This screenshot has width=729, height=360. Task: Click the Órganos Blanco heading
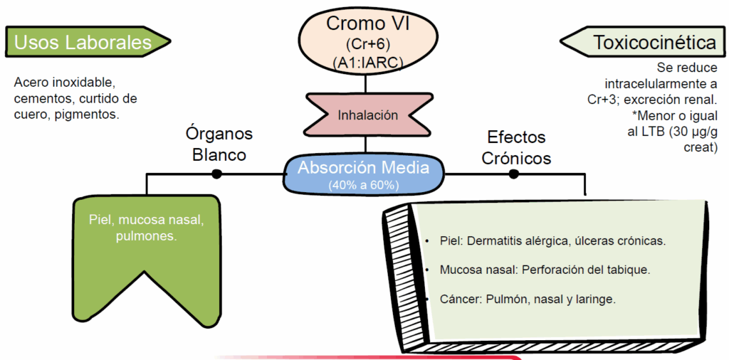pos(219,144)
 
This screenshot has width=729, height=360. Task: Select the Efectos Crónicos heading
pos(516,147)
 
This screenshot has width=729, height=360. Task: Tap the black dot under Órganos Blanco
pos(216,174)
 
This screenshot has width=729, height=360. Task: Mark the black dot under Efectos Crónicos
pos(513,174)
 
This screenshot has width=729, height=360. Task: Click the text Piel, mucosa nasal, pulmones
pos(147,228)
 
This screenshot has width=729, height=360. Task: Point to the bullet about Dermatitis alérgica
pos(552,241)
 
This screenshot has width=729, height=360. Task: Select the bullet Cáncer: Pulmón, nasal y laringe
pos(528,300)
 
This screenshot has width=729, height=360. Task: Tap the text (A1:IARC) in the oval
pos(367,63)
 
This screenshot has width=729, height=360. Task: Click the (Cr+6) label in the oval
pos(367,44)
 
